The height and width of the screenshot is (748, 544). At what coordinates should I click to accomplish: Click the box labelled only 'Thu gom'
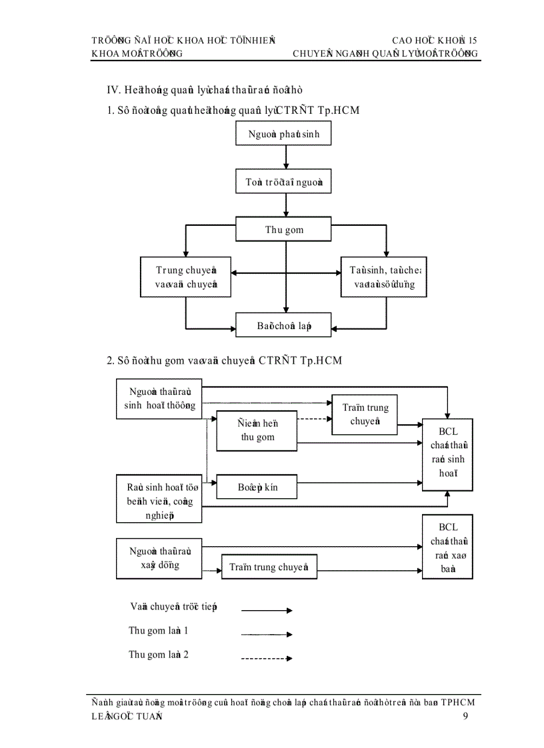point(284,230)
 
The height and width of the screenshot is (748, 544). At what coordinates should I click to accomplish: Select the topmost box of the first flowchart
point(284,134)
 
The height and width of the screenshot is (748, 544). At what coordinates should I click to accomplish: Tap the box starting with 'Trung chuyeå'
point(186,278)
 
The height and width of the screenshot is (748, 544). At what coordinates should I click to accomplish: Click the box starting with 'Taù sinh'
point(384,278)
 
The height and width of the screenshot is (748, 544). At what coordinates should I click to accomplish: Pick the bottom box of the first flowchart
point(284,326)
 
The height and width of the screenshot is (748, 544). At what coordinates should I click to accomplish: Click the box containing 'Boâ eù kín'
point(257,487)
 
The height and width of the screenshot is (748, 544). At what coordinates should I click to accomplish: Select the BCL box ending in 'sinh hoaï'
point(447,456)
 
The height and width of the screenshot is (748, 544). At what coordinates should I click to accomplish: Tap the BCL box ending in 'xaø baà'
point(447,546)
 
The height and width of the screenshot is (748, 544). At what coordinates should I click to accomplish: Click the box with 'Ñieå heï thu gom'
point(257,431)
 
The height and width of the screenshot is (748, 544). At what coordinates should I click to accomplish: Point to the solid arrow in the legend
point(266,609)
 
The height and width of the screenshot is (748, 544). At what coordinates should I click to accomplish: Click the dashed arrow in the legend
point(266,659)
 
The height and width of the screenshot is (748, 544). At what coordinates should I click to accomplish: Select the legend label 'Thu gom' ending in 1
point(158,630)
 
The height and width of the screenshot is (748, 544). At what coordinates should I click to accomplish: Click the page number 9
point(465,716)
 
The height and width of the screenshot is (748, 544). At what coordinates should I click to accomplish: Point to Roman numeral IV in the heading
point(113,89)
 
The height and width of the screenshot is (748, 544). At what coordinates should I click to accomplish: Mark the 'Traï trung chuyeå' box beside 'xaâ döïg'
point(269,567)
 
